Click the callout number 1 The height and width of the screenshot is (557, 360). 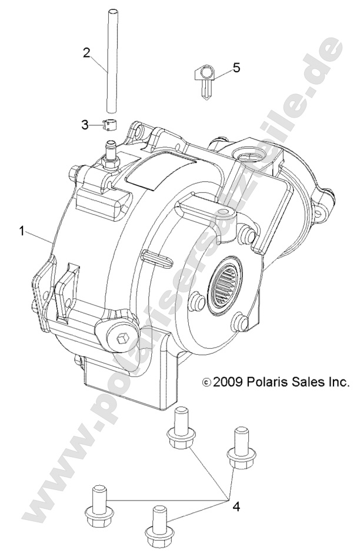pos(22,232)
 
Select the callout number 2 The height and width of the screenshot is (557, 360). pos(86,52)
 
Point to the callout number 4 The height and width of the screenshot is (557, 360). pos(236,506)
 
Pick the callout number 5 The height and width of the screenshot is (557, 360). pos(236,68)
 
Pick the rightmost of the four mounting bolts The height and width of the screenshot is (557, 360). pos(239,450)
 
